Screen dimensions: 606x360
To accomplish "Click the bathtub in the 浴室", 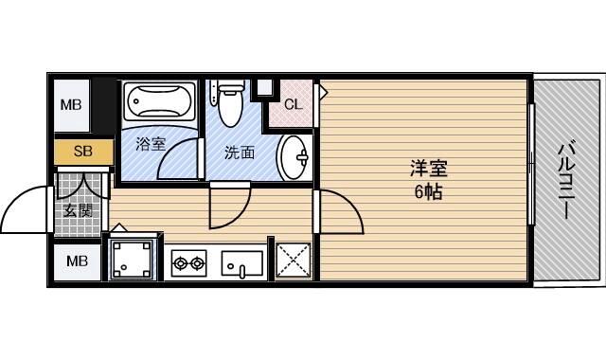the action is [160, 101].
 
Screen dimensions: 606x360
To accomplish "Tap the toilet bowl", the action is [231, 103].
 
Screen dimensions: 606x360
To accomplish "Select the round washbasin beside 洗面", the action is [294, 157].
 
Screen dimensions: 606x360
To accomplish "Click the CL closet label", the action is [294, 104].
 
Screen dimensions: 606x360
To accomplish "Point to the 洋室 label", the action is [429, 169].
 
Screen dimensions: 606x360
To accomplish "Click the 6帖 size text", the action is [428, 191].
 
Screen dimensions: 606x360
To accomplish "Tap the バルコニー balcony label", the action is [566, 181].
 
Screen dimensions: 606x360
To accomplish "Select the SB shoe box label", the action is [83, 151].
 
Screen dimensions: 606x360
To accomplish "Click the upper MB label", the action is [71, 104].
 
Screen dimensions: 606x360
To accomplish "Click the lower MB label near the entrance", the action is [77, 261].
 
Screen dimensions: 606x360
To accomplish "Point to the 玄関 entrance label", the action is [78, 210].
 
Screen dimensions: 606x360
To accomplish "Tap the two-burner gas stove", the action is [188, 263].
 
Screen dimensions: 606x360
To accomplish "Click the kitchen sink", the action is [242, 263].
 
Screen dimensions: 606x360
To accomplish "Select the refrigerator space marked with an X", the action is [294, 261].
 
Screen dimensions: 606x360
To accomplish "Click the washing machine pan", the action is [132, 259].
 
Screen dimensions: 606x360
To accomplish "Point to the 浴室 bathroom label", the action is [151, 144].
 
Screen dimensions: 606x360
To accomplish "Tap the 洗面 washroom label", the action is [240, 153].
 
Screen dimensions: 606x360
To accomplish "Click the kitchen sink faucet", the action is [242, 271].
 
